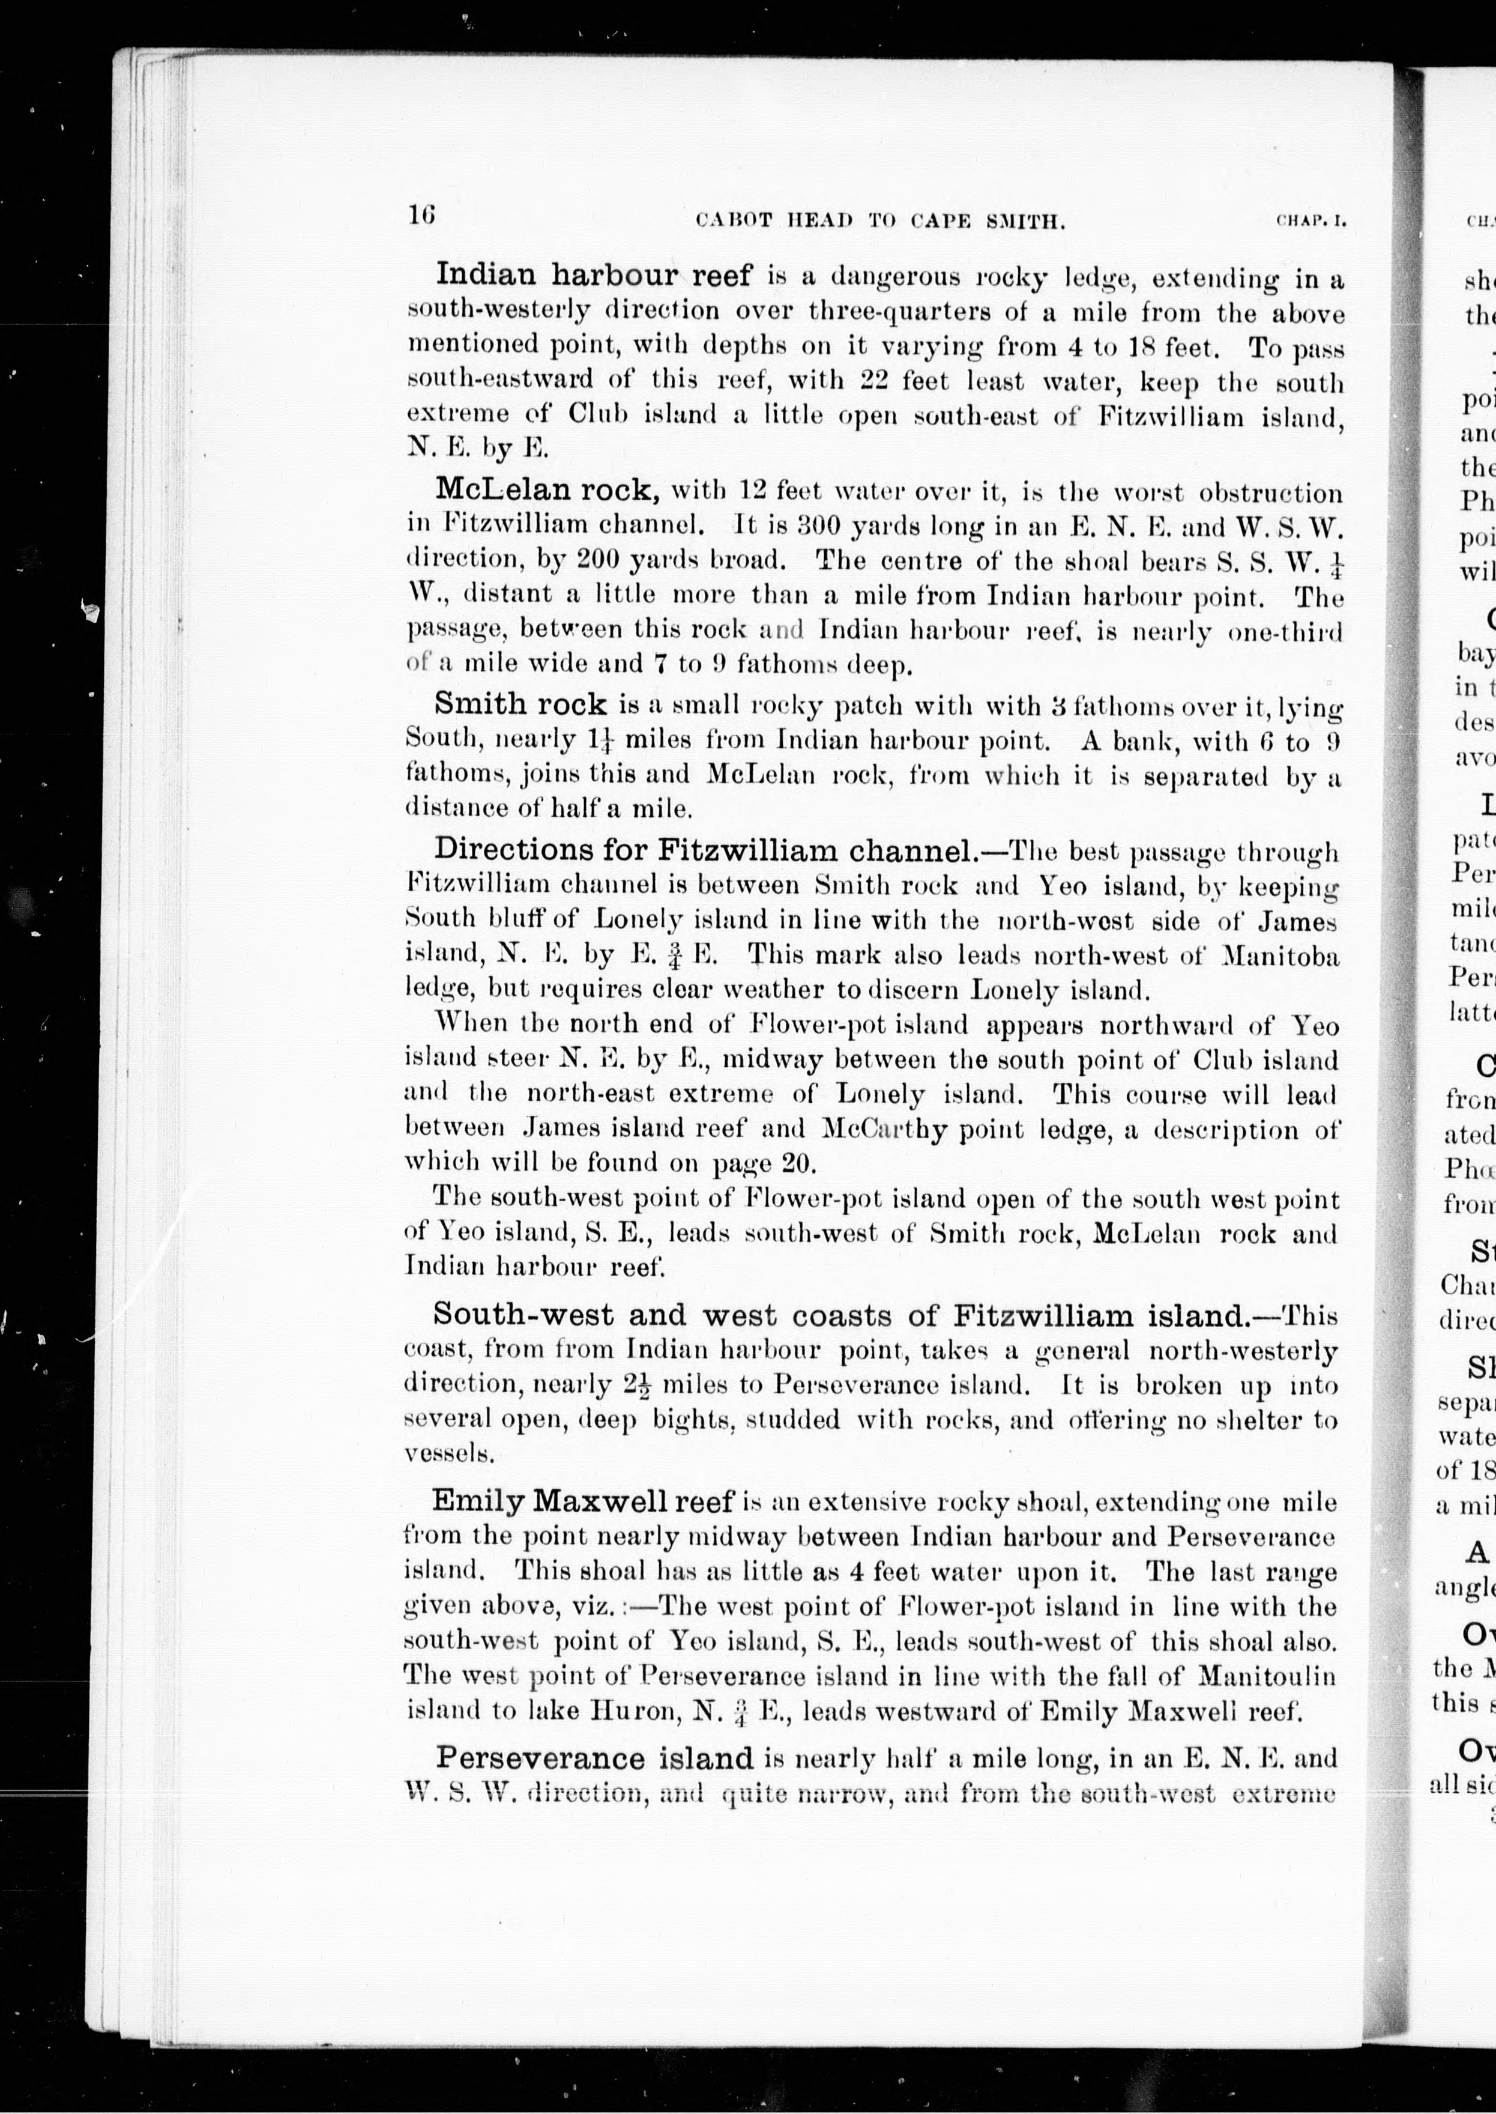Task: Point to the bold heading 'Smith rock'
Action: [x=520, y=704]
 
